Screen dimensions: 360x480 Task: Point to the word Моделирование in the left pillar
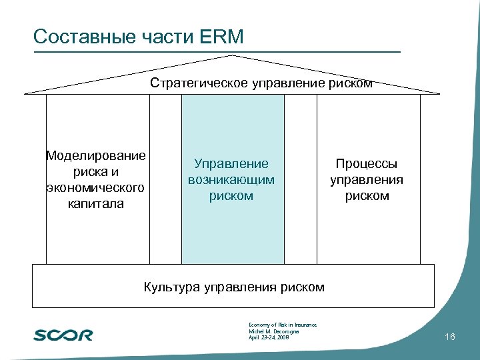coord(95,156)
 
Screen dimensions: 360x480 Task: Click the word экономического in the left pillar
coord(95,188)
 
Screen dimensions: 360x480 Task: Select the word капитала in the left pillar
coord(95,204)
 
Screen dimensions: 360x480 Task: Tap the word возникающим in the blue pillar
coord(231,180)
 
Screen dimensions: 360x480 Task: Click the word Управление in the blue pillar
coord(231,164)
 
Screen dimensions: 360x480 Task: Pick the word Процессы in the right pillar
coord(367,164)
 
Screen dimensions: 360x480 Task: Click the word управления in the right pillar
coord(367,180)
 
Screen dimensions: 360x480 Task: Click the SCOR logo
coord(63,334)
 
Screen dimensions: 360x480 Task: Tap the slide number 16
coord(449,337)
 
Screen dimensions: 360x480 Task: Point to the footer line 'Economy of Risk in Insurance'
coord(282,325)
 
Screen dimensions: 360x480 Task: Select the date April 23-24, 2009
coord(268,338)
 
